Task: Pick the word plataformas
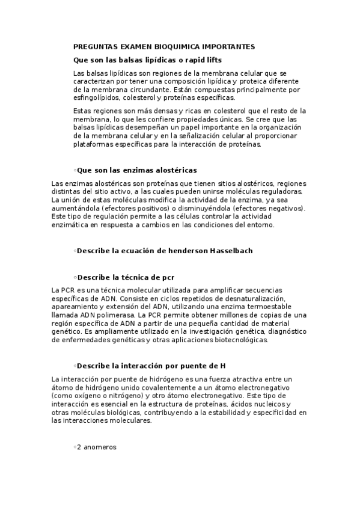click(x=93, y=144)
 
